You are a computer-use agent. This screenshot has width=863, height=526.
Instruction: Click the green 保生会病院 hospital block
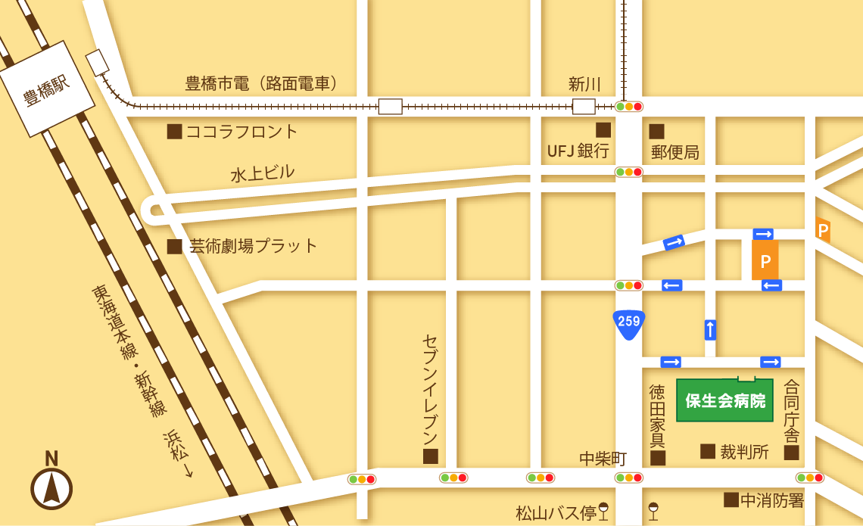point(724,400)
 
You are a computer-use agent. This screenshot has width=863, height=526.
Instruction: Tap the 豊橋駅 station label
point(46,90)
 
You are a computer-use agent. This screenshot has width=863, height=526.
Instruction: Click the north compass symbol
point(51,487)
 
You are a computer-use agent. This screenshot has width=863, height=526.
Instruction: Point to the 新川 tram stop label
point(584,84)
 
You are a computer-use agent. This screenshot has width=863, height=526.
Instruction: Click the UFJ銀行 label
point(578,151)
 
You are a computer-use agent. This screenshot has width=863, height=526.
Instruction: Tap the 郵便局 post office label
point(675,152)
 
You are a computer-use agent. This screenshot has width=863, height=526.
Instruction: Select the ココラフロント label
point(242,132)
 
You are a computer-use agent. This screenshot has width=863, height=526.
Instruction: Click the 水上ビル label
point(263,173)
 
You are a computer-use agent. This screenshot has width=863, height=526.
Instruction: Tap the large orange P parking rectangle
point(765,261)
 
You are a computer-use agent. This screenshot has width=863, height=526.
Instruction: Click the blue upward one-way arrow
point(709,329)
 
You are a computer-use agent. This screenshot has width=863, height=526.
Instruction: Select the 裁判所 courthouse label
point(744,452)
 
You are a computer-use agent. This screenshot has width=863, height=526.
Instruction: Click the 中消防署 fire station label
point(771,500)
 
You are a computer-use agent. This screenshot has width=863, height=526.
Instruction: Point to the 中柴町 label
point(603,459)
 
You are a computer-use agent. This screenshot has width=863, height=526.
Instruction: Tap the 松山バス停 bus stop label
point(556,513)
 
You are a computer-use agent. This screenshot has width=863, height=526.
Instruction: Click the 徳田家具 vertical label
point(657,416)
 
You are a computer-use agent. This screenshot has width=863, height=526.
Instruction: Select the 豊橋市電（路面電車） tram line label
point(262,83)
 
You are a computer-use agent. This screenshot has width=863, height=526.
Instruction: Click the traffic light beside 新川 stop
point(628,107)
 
